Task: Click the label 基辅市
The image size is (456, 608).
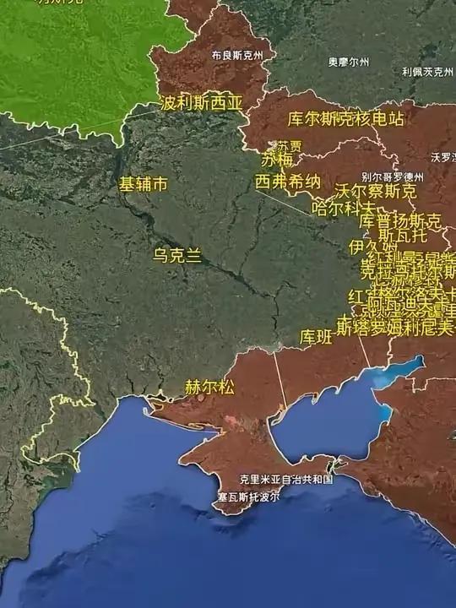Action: [143, 184]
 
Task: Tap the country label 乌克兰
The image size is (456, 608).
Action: [177, 256]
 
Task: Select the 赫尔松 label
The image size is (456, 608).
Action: [209, 388]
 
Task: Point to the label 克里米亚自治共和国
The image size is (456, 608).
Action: [286, 479]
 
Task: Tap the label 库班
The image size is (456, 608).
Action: [316, 337]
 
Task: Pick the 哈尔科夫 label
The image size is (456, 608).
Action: [343, 207]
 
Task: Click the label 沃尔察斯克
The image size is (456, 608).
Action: [376, 191]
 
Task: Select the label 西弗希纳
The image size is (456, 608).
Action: [288, 182]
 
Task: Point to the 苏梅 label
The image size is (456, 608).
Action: [277, 160]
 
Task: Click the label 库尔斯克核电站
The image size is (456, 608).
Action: [345, 118]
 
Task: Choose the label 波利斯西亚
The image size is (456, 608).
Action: [201, 103]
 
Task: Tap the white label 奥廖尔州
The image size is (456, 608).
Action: [349, 61]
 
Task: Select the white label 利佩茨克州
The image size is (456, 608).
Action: [427, 73]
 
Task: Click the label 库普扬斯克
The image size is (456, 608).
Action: [400, 221]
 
